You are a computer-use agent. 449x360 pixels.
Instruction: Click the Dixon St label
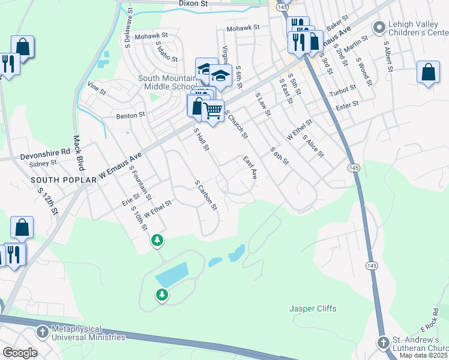tap(193, 4)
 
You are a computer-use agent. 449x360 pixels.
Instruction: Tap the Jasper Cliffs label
tap(313, 309)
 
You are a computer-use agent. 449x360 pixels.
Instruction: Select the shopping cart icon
tap(212, 110)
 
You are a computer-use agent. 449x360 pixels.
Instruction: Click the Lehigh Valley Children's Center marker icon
tap(379, 27)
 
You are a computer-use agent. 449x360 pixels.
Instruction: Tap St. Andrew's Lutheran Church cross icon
tap(384, 342)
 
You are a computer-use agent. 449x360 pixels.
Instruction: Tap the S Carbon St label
tap(205, 195)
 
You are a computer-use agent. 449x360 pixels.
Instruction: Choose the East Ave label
tap(250, 168)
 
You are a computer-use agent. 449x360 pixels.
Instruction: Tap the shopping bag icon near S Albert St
tap(428, 72)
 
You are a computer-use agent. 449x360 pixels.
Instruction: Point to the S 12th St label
tap(47, 201)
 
